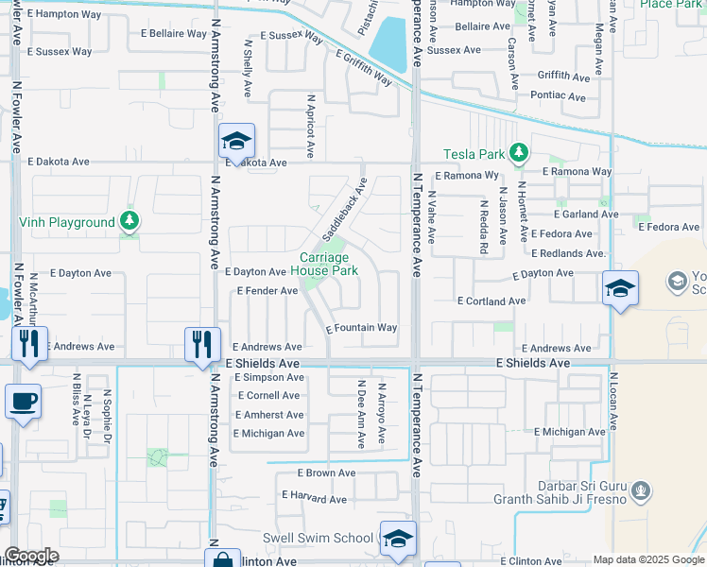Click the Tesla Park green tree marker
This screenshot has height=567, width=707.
point(517,152)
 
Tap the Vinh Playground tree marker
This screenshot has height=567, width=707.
point(129,222)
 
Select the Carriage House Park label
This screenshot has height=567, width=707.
point(324,264)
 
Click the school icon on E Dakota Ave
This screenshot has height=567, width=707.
point(236,142)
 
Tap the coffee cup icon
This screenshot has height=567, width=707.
point(24,401)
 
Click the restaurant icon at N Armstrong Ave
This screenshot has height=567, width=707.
point(202,345)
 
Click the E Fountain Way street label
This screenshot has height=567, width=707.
point(362,328)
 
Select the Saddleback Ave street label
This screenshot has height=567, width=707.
point(344,207)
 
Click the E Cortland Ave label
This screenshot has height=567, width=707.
point(491,301)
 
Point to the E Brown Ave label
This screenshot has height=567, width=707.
point(326,472)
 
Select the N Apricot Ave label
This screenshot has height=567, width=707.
point(310,125)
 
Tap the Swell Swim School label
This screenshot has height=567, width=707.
point(318,538)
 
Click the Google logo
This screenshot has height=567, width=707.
point(30,556)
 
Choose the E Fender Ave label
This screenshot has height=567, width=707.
point(267,290)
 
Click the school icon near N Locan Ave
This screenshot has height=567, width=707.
point(620,288)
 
